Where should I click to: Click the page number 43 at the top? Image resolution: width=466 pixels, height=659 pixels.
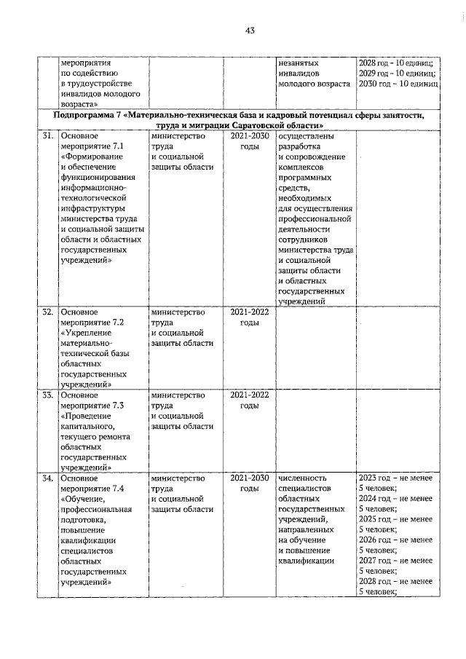click(249, 30)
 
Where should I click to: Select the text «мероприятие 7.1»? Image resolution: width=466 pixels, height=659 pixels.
click(92, 146)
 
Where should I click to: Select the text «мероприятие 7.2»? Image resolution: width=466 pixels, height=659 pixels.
click(92, 323)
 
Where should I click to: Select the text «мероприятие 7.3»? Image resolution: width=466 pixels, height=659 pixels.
click(92, 406)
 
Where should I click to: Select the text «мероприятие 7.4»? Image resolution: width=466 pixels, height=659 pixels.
click(92, 489)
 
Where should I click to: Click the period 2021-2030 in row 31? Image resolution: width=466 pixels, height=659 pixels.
click(250, 136)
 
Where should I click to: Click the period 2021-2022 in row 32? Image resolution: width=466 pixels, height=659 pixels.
click(250, 312)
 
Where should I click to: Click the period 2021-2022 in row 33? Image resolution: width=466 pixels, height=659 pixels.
click(250, 395)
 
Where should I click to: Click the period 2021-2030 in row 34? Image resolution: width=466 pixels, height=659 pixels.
click(250, 478)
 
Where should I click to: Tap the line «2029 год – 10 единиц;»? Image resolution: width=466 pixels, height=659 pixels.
click(398, 74)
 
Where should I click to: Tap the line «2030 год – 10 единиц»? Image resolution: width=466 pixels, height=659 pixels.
click(398, 84)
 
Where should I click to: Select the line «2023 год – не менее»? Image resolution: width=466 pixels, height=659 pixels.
click(395, 478)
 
